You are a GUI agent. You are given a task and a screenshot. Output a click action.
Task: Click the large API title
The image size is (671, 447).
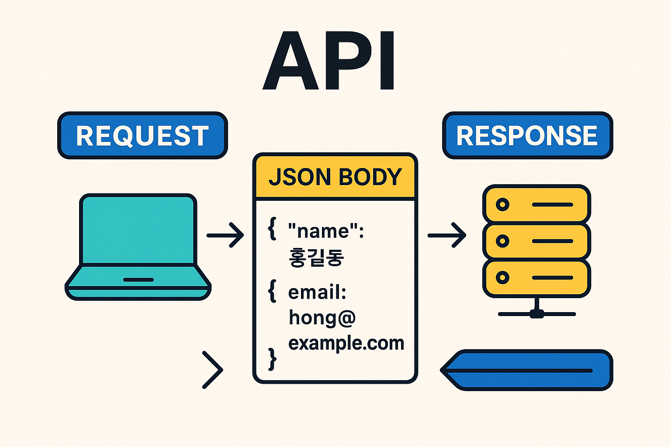click(329, 61)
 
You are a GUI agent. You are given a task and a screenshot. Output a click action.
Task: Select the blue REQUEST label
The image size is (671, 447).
click(142, 135)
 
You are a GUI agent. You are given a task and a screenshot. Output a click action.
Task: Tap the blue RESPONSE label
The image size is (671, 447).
click(527, 135)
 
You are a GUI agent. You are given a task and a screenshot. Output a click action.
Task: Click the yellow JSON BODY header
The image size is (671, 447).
click(335, 177)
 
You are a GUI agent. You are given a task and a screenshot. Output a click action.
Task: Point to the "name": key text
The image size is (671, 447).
click(326, 231)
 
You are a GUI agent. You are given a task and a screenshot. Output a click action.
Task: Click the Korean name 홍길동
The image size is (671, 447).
click(316, 258)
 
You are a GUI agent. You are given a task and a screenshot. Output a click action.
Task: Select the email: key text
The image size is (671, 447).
click(317, 292)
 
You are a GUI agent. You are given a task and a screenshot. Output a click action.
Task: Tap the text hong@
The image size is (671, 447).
click(322, 317)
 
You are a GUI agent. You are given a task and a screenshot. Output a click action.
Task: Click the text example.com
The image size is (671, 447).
click(346, 343)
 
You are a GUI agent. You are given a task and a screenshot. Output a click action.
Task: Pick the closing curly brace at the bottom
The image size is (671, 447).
click(272, 359)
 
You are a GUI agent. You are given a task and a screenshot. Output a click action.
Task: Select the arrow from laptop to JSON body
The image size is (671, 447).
click(225, 235)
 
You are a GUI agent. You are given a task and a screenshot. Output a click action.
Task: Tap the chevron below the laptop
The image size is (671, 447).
click(213, 370)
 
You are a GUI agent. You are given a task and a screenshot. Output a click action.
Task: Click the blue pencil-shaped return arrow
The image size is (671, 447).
click(526, 370)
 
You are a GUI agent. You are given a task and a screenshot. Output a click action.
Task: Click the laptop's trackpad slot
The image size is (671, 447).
click(138, 279)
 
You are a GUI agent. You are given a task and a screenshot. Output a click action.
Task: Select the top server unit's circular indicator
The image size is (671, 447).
click(502, 204)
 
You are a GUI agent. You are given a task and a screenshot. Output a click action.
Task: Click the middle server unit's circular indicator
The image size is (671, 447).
click(502, 241)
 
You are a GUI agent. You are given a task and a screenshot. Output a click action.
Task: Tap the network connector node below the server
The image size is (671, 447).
click(536, 313)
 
